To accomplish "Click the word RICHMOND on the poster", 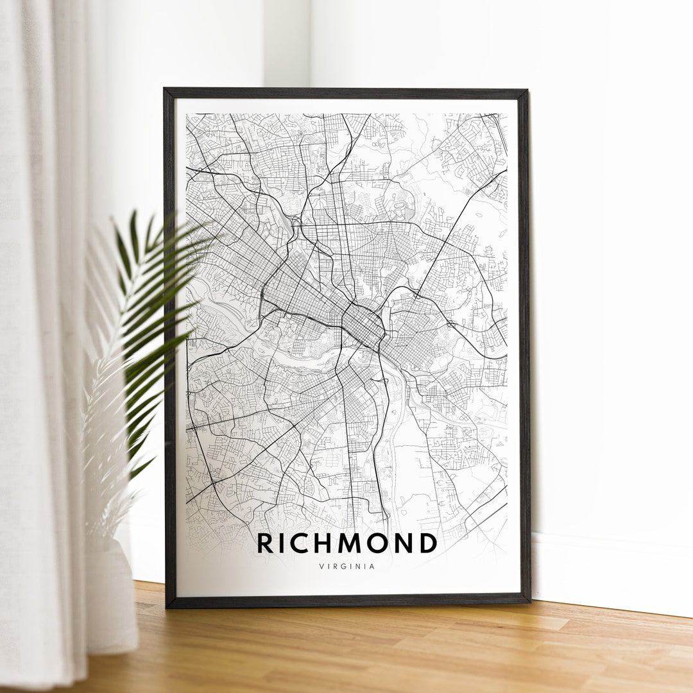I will [346, 543].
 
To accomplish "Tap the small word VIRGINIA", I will [346, 567].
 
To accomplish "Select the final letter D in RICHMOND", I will [428, 543].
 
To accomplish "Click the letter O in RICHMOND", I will [377, 543].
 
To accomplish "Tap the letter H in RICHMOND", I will [322, 543].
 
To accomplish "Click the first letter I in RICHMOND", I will [282, 543].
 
